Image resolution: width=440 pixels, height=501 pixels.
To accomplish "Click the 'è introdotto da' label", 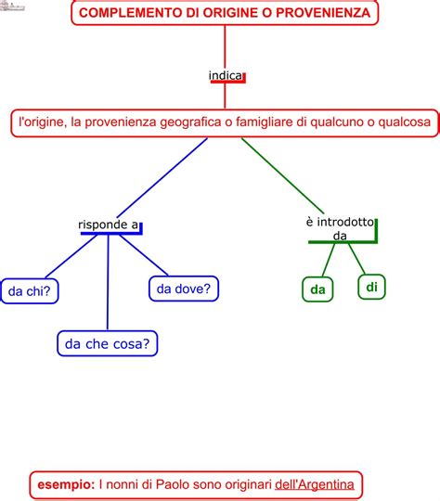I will click(339, 228).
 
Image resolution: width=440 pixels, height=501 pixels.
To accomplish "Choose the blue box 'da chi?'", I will click(29, 291).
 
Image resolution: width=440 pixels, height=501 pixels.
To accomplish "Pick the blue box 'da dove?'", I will click(183, 289).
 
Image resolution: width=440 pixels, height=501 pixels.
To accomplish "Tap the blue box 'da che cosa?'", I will click(108, 343).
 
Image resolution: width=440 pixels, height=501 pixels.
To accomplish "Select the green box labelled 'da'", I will click(318, 289).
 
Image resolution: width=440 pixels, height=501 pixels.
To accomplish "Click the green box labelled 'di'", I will click(371, 287).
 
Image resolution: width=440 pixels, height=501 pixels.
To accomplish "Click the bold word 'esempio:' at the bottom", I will click(65, 483).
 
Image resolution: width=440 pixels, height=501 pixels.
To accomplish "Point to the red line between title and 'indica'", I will click(226, 46).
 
